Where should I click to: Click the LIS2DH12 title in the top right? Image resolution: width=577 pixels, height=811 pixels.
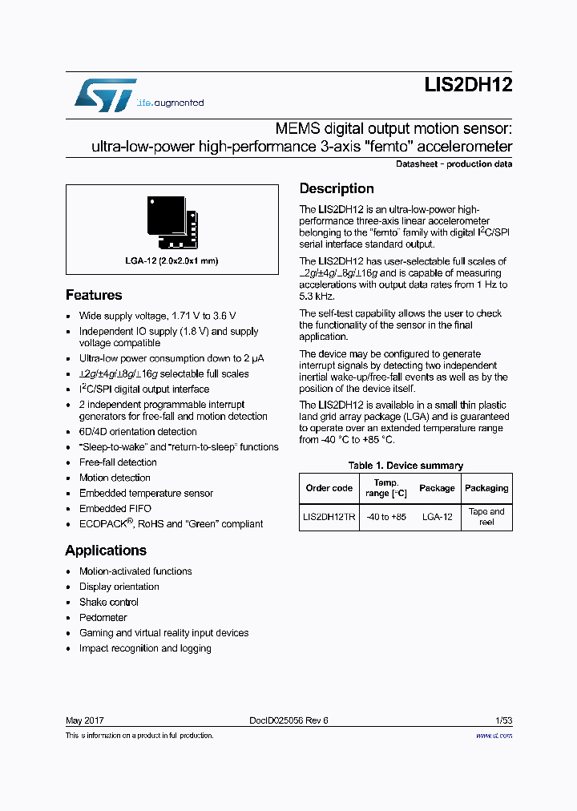coord(468,87)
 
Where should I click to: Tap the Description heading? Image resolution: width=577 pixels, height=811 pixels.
coord(337,188)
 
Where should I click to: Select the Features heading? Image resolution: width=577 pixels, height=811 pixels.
coord(94,295)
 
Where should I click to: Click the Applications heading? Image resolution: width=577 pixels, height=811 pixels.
coord(106,551)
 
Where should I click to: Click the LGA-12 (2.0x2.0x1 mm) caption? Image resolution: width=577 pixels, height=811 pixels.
coord(171,260)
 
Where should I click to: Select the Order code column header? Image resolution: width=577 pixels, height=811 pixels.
coord(329,488)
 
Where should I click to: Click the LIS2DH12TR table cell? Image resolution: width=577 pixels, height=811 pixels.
coord(329,517)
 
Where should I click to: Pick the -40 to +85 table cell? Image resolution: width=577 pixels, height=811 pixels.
coord(386,517)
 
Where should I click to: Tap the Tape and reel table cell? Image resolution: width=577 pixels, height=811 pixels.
coord(486,517)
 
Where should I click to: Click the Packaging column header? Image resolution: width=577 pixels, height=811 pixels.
coord(486,488)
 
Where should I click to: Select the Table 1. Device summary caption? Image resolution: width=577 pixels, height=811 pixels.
coord(406,466)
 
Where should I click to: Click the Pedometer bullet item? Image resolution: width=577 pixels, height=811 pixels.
coord(103,618)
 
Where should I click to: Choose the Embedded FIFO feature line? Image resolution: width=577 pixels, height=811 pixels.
coord(115,509)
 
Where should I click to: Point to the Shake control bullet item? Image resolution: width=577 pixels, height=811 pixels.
coord(108,603)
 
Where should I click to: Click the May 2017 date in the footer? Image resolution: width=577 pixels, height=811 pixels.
coord(84,720)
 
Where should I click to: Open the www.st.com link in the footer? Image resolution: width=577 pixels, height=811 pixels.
coord(494,736)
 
